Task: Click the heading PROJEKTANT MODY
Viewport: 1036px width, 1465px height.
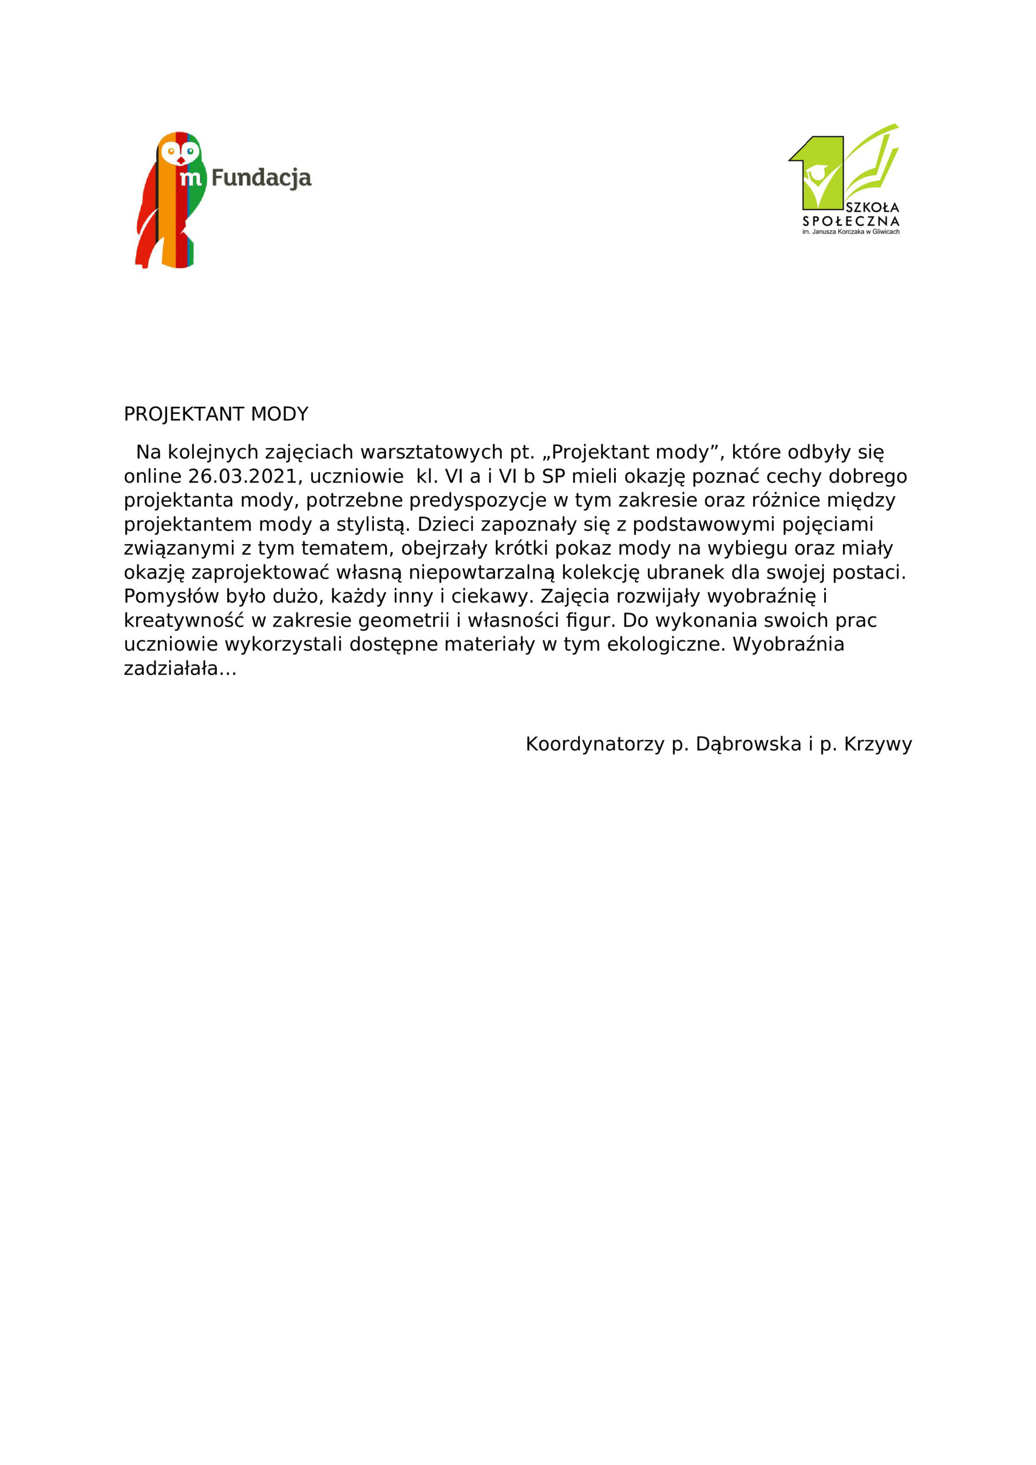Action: pyautogui.click(x=216, y=414)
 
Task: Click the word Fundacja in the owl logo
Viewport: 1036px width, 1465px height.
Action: pyautogui.click(x=261, y=178)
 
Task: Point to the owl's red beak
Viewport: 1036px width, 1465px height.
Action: pyautogui.click(x=181, y=160)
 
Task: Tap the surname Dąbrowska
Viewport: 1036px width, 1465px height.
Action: pyautogui.click(x=748, y=744)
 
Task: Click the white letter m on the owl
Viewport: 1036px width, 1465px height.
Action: pyautogui.click(x=191, y=178)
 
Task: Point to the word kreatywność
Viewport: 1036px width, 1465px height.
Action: pyautogui.click(x=184, y=620)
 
